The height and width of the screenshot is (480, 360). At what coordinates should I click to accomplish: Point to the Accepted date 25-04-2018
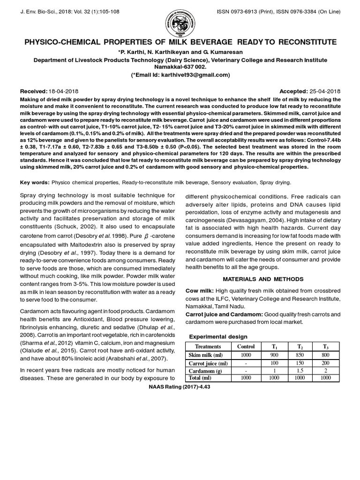[324, 90]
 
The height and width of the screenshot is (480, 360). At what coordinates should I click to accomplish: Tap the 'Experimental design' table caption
[218, 337]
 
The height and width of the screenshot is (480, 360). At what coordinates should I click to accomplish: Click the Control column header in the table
[246, 346]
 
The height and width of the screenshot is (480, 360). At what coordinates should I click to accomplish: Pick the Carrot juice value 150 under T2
[300, 363]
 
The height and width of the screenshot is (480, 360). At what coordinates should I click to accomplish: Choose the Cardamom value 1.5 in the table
[300, 371]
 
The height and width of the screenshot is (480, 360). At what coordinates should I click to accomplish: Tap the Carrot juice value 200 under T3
[326, 363]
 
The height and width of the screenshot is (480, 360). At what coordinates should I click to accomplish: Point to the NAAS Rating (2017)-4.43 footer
[180, 387]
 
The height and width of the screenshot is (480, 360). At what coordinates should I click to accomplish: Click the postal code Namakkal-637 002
[180, 67]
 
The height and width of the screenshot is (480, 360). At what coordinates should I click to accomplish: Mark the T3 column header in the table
[326, 346]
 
